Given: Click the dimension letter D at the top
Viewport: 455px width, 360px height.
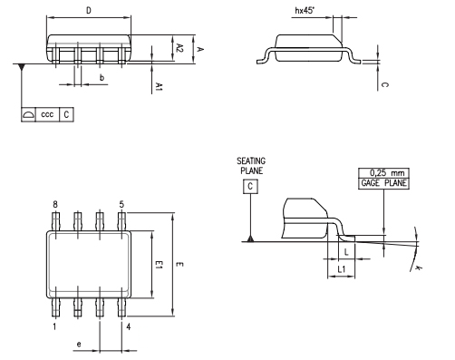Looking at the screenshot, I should [87, 11].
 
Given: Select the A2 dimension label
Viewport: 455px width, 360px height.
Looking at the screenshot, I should [179, 47].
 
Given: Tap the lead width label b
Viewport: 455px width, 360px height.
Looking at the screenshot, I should [102, 79].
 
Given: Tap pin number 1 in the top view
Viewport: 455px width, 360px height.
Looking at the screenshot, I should [54, 325].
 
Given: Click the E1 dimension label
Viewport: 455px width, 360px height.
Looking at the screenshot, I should [158, 265].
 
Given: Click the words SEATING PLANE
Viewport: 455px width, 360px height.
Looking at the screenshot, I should [249, 164].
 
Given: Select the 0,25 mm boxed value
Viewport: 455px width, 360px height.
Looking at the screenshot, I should [384, 172].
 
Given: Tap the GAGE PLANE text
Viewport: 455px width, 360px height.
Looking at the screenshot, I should [384, 183].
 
